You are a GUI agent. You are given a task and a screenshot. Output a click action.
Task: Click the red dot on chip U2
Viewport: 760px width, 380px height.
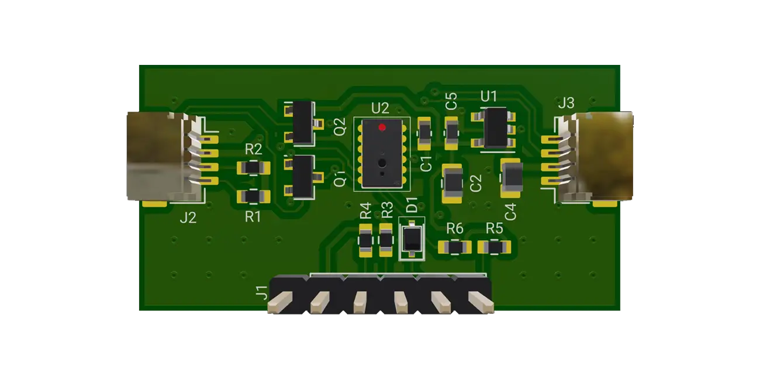[x=382, y=127]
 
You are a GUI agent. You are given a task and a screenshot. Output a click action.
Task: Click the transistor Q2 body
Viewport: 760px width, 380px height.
[x=303, y=123]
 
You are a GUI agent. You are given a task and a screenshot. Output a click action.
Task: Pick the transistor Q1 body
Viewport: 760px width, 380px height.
[x=303, y=176]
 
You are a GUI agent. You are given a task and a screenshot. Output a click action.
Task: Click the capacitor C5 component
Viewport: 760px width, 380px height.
[x=451, y=131]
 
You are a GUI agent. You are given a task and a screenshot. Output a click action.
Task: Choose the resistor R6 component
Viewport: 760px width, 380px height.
[x=454, y=248]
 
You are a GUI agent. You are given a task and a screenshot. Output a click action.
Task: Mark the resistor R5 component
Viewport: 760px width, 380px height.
[x=494, y=248]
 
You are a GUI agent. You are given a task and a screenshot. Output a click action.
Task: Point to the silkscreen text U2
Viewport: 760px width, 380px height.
[x=380, y=108]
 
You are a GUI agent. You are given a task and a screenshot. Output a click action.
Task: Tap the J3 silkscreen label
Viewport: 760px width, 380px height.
[x=566, y=103]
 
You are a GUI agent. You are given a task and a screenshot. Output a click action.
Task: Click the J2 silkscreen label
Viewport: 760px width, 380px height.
[x=188, y=218]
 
